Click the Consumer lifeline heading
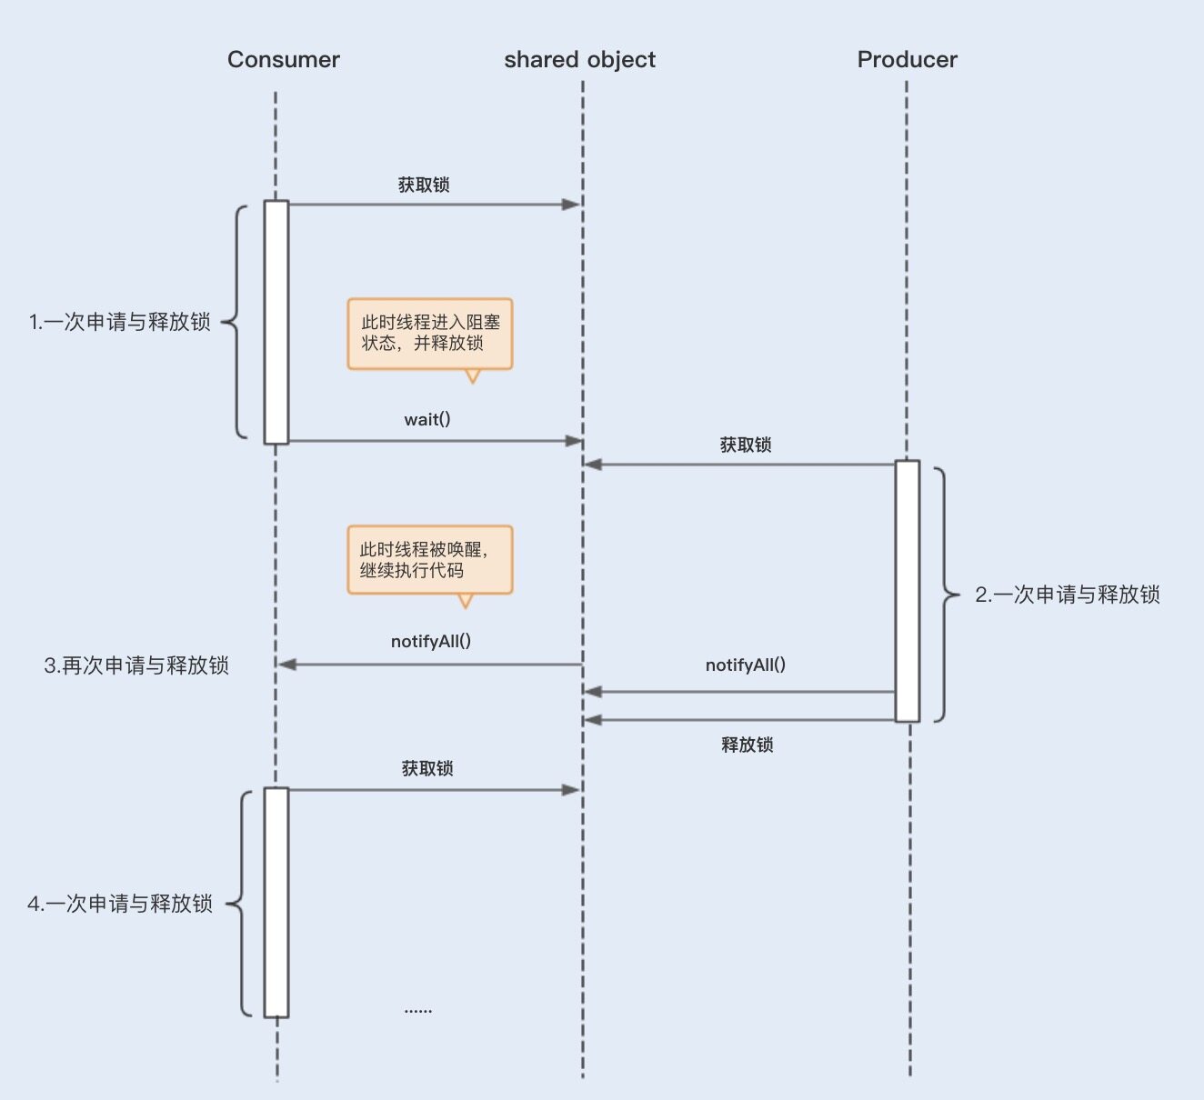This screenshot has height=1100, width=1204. (283, 60)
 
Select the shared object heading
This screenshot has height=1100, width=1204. (579, 60)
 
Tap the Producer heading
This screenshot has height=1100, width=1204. (907, 60)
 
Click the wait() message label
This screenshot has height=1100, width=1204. (427, 419)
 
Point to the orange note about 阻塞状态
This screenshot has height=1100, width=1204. (430, 333)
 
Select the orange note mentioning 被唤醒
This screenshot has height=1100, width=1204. (430, 560)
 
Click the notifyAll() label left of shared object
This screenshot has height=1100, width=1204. (431, 641)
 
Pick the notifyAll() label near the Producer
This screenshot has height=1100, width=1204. (746, 665)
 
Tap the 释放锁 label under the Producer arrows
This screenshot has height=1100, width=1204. (747, 745)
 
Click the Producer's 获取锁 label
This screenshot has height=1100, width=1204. (746, 445)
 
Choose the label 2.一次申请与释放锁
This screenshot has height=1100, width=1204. (1068, 595)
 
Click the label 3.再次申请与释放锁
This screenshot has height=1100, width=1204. (136, 665)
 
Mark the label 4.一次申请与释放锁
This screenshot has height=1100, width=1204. (120, 904)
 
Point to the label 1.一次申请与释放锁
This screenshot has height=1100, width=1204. (120, 322)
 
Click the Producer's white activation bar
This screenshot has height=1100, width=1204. (907, 591)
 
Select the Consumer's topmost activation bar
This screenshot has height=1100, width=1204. (276, 322)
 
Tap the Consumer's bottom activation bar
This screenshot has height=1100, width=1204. (276, 902)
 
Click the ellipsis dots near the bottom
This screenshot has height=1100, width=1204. (418, 1010)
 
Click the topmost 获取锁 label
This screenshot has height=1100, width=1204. (424, 185)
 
